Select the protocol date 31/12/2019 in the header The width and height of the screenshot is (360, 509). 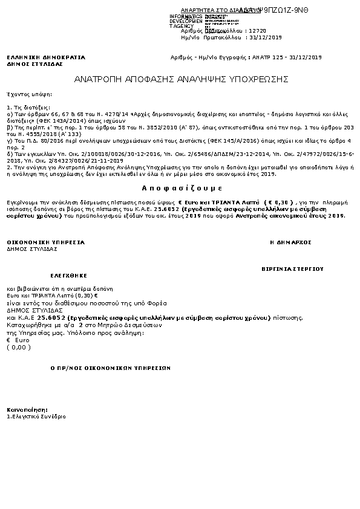point(267,37)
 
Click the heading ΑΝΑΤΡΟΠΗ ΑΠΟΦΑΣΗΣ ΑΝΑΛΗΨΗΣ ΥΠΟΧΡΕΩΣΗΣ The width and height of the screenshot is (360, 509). point(182,79)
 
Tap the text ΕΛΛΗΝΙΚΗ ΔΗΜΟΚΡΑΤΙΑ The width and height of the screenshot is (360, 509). point(46,57)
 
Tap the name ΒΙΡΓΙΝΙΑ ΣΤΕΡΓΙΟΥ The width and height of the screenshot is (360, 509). point(293,267)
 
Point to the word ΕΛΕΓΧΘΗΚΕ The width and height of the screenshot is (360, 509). point(56,273)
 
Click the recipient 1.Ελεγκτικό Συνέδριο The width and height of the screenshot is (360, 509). point(36,417)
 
